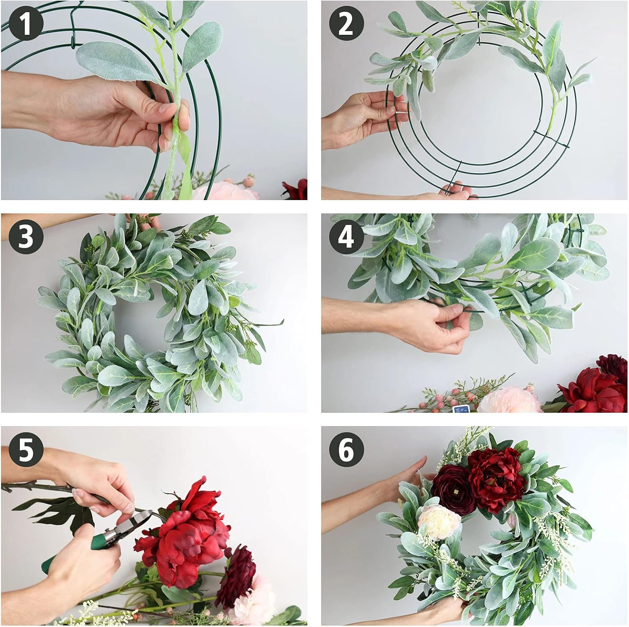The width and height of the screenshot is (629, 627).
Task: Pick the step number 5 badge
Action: tap(26, 450)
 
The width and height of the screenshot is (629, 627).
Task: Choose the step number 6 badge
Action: tap(346, 450)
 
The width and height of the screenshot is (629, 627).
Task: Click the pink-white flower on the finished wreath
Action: tap(439, 522)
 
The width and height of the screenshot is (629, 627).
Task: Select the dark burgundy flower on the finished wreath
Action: tap(453, 489)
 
